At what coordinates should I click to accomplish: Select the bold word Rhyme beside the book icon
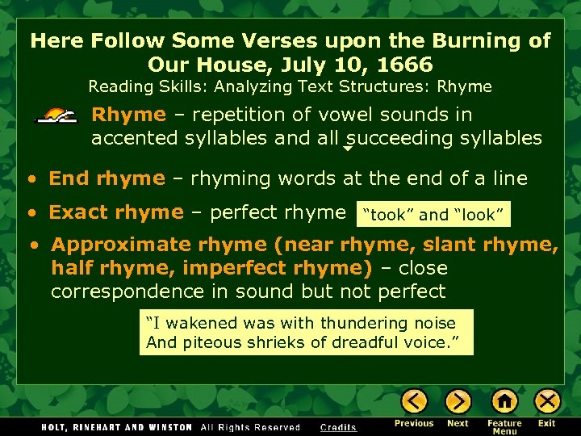[128, 115]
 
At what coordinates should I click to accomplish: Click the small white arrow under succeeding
[348, 149]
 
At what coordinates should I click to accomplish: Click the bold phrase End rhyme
[107, 178]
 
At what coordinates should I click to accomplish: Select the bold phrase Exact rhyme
[116, 212]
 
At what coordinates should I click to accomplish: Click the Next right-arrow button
[458, 401]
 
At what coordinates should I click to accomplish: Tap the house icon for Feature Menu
[504, 401]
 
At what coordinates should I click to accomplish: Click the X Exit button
[547, 401]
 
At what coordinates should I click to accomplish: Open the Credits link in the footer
[338, 427]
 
